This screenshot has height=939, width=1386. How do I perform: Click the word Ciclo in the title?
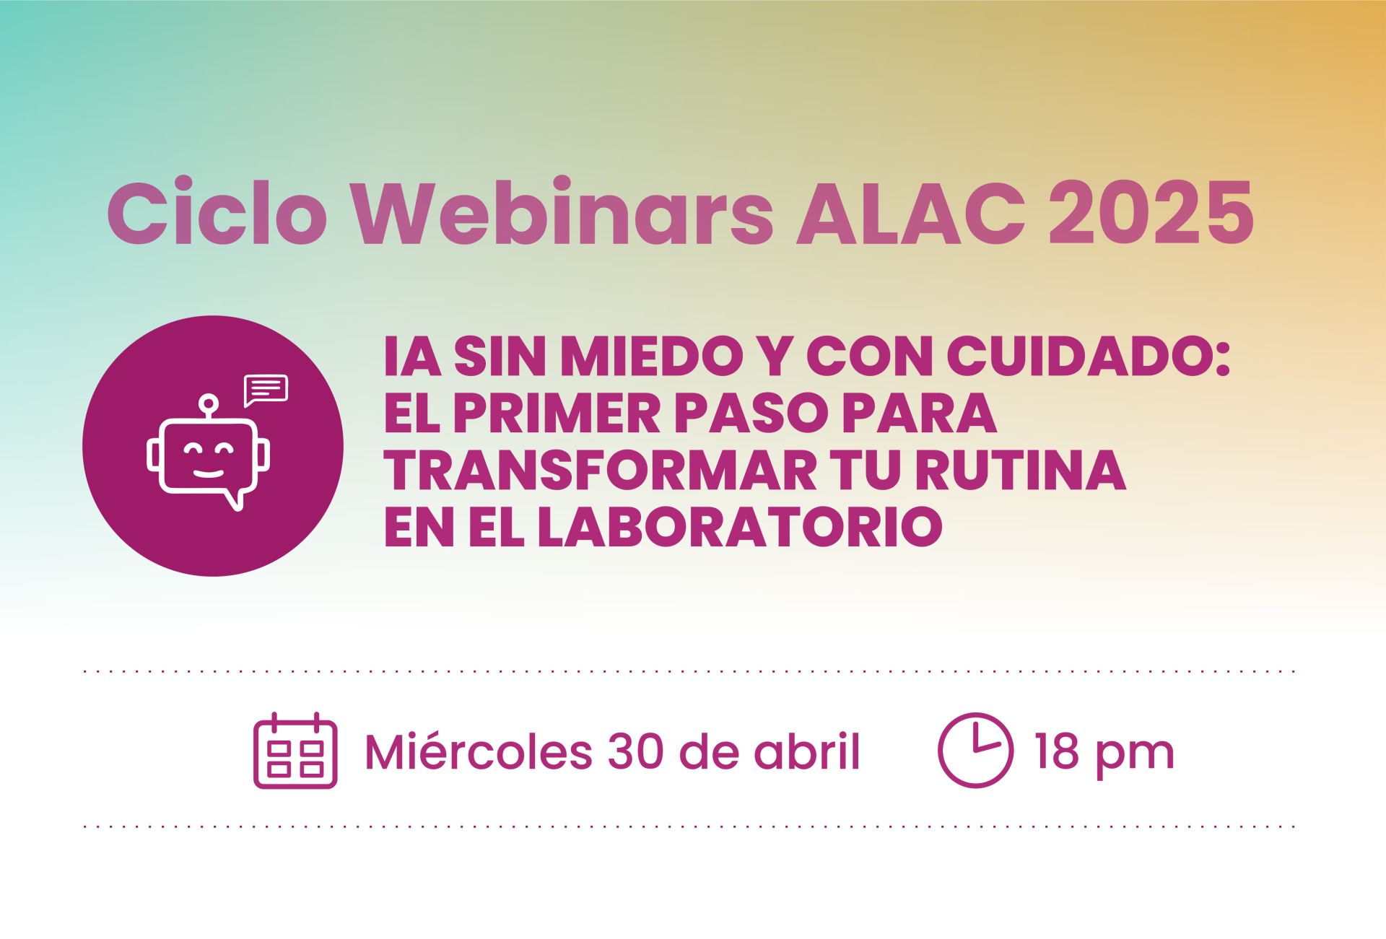pyautogui.click(x=217, y=211)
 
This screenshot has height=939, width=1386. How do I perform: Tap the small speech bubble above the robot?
pyautogui.click(x=266, y=390)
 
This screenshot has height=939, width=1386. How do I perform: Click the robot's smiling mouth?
pyautogui.click(x=209, y=473)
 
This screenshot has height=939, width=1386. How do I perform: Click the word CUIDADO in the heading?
pyautogui.click(x=1089, y=356)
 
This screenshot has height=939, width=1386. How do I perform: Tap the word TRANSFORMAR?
pyautogui.click(x=600, y=470)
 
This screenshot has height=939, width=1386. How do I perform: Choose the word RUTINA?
pyautogui.click(x=1020, y=470)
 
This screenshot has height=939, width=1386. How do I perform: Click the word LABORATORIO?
pyautogui.click(x=740, y=526)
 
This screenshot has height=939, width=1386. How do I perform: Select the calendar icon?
pyautogui.click(x=295, y=751)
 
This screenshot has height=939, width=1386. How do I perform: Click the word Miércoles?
pyautogui.click(x=479, y=751)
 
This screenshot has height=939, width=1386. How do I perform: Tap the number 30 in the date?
pyautogui.click(x=636, y=752)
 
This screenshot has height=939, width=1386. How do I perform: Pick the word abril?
pyautogui.click(x=807, y=751)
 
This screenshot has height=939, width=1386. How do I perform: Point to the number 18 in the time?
pyautogui.click(x=1056, y=752)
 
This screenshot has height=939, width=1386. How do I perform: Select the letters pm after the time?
pyautogui.click(x=1135, y=757)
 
